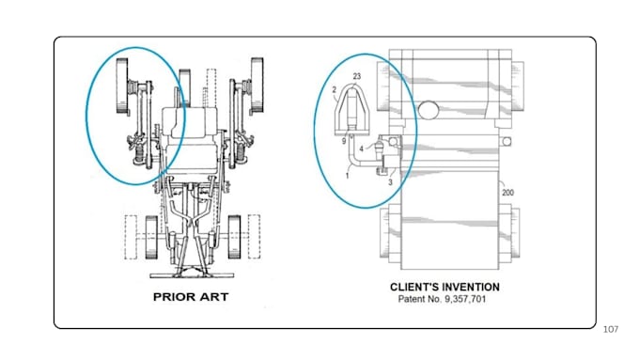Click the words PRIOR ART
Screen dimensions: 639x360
(x=191, y=297)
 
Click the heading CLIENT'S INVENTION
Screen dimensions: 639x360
(x=444, y=287)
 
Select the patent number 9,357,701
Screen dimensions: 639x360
(x=465, y=299)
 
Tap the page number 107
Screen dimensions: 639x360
(x=611, y=329)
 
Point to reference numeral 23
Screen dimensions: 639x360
(x=356, y=76)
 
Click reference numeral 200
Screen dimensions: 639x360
(x=507, y=193)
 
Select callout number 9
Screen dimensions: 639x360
(x=344, y=141)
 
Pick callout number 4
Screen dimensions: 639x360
(x=361, y=149)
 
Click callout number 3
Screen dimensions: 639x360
(x=390, y=182)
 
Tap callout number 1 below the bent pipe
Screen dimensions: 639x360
(x=347, y=176)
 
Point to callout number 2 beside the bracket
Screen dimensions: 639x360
(x=335, y=89)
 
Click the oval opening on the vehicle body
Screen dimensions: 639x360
(x=429, y=110)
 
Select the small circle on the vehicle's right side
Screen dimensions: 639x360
(x=507, y=142)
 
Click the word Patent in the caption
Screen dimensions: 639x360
(x=412, y=299)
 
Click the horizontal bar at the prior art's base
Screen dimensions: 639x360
(x=192, y=275)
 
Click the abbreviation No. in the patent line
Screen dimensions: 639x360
(x=435, y=299)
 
